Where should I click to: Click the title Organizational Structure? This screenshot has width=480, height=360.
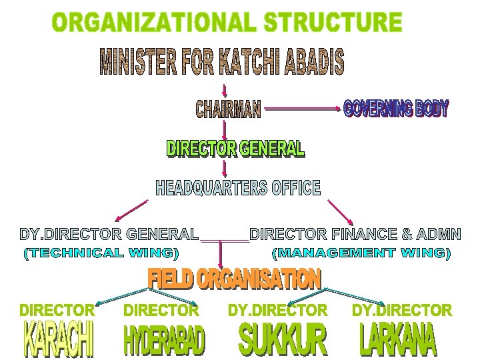pos(227,23)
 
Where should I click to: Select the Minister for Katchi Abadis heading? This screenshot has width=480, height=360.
pos(222,62)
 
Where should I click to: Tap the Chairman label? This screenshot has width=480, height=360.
pos(228,109)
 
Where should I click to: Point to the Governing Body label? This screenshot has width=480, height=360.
pos(396,108)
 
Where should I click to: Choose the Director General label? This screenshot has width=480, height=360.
pos(235,149)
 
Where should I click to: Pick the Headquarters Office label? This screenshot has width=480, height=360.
pos(238,188)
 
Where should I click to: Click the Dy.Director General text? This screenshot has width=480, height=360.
pos(109,234)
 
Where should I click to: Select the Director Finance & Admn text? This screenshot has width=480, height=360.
pos(355,234)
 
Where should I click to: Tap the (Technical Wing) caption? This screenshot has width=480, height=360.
pos(101,253)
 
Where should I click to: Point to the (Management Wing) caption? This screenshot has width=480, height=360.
pos(362,253)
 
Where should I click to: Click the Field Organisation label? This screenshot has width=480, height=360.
pos(234,279)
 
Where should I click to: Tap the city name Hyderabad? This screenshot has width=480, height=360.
pos(164,340)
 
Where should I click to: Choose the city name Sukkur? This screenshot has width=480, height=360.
pos(283,339)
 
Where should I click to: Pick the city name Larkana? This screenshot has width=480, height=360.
pos(397,339)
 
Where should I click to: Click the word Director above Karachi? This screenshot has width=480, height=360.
pos(57,310)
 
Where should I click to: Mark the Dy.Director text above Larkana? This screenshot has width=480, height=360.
pos(401,310)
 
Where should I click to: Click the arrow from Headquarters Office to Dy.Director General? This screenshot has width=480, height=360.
pos(131,210)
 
